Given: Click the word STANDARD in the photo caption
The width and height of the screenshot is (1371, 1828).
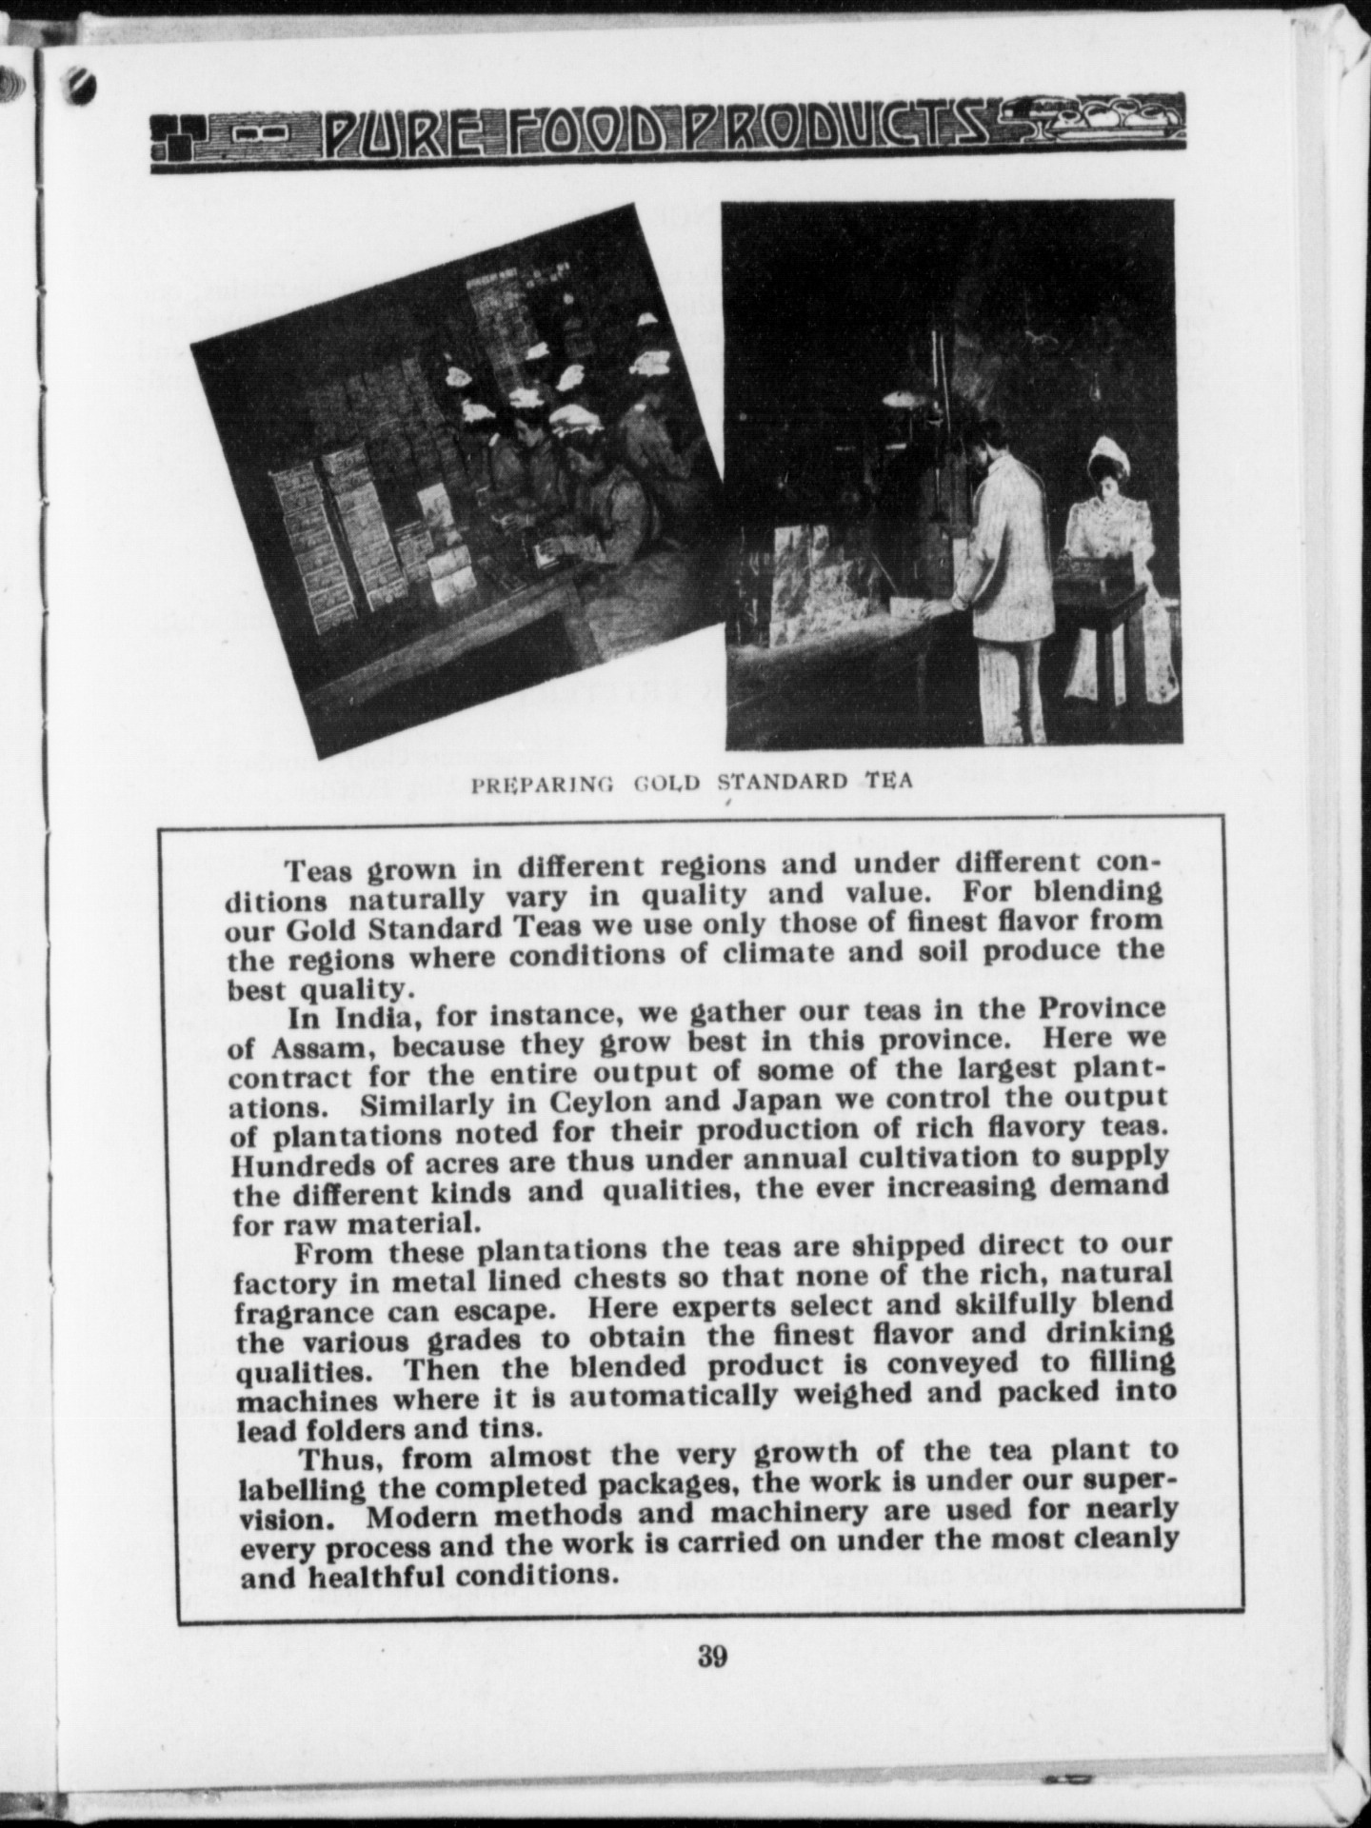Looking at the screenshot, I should tap(782, 783).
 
